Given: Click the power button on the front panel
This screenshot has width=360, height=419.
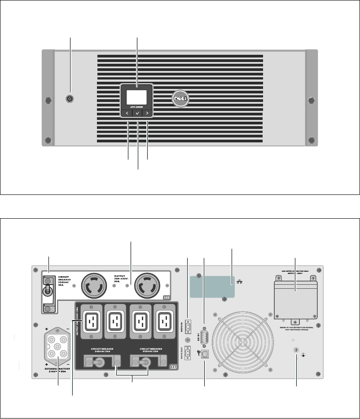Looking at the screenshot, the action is [x=70, y=98].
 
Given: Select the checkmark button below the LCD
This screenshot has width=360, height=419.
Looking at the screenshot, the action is [x=137, y=114].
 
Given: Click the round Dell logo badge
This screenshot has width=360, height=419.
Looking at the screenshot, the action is [x=182, y=99].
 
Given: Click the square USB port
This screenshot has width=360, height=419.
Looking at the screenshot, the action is [x=204, y=354].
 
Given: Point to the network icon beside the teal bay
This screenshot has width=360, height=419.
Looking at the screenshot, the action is [x=239, y=282].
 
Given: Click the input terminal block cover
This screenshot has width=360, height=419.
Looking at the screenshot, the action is [x=295, y=299].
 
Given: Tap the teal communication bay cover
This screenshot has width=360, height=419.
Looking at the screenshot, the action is [x=212, y=287].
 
